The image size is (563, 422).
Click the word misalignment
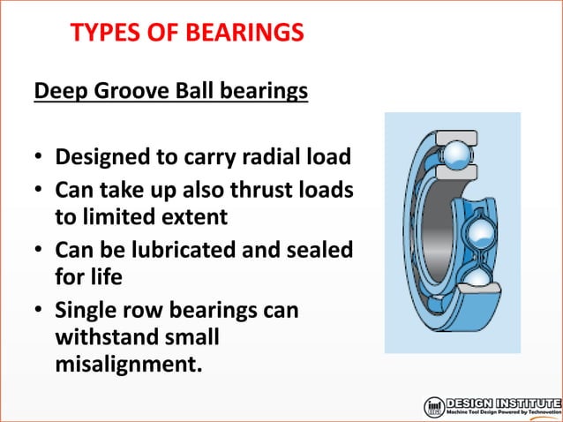click(127, 363)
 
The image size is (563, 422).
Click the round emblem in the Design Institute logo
click(434, 407)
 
